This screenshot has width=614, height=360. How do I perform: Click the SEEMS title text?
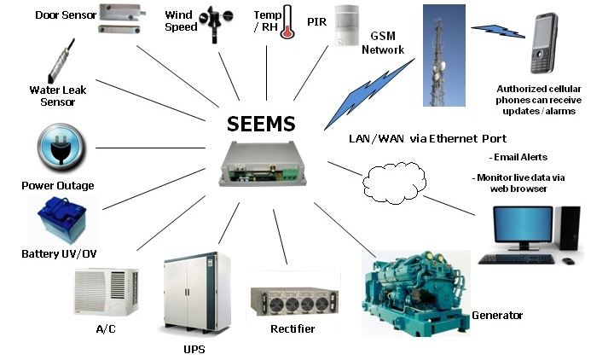coord(261,125)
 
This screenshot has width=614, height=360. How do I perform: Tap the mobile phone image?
coord(545,44)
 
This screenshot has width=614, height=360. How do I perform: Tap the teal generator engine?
coord(417,287)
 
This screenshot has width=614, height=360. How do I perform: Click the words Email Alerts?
coord(520,157)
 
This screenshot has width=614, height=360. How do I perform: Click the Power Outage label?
coord(58,185)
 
